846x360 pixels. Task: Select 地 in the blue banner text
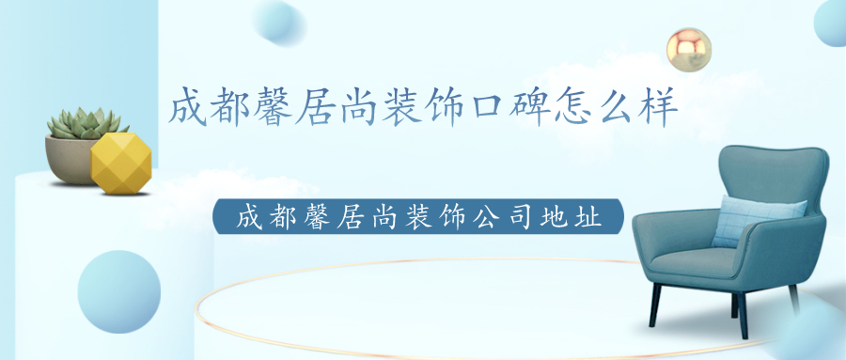tap(550, 216)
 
